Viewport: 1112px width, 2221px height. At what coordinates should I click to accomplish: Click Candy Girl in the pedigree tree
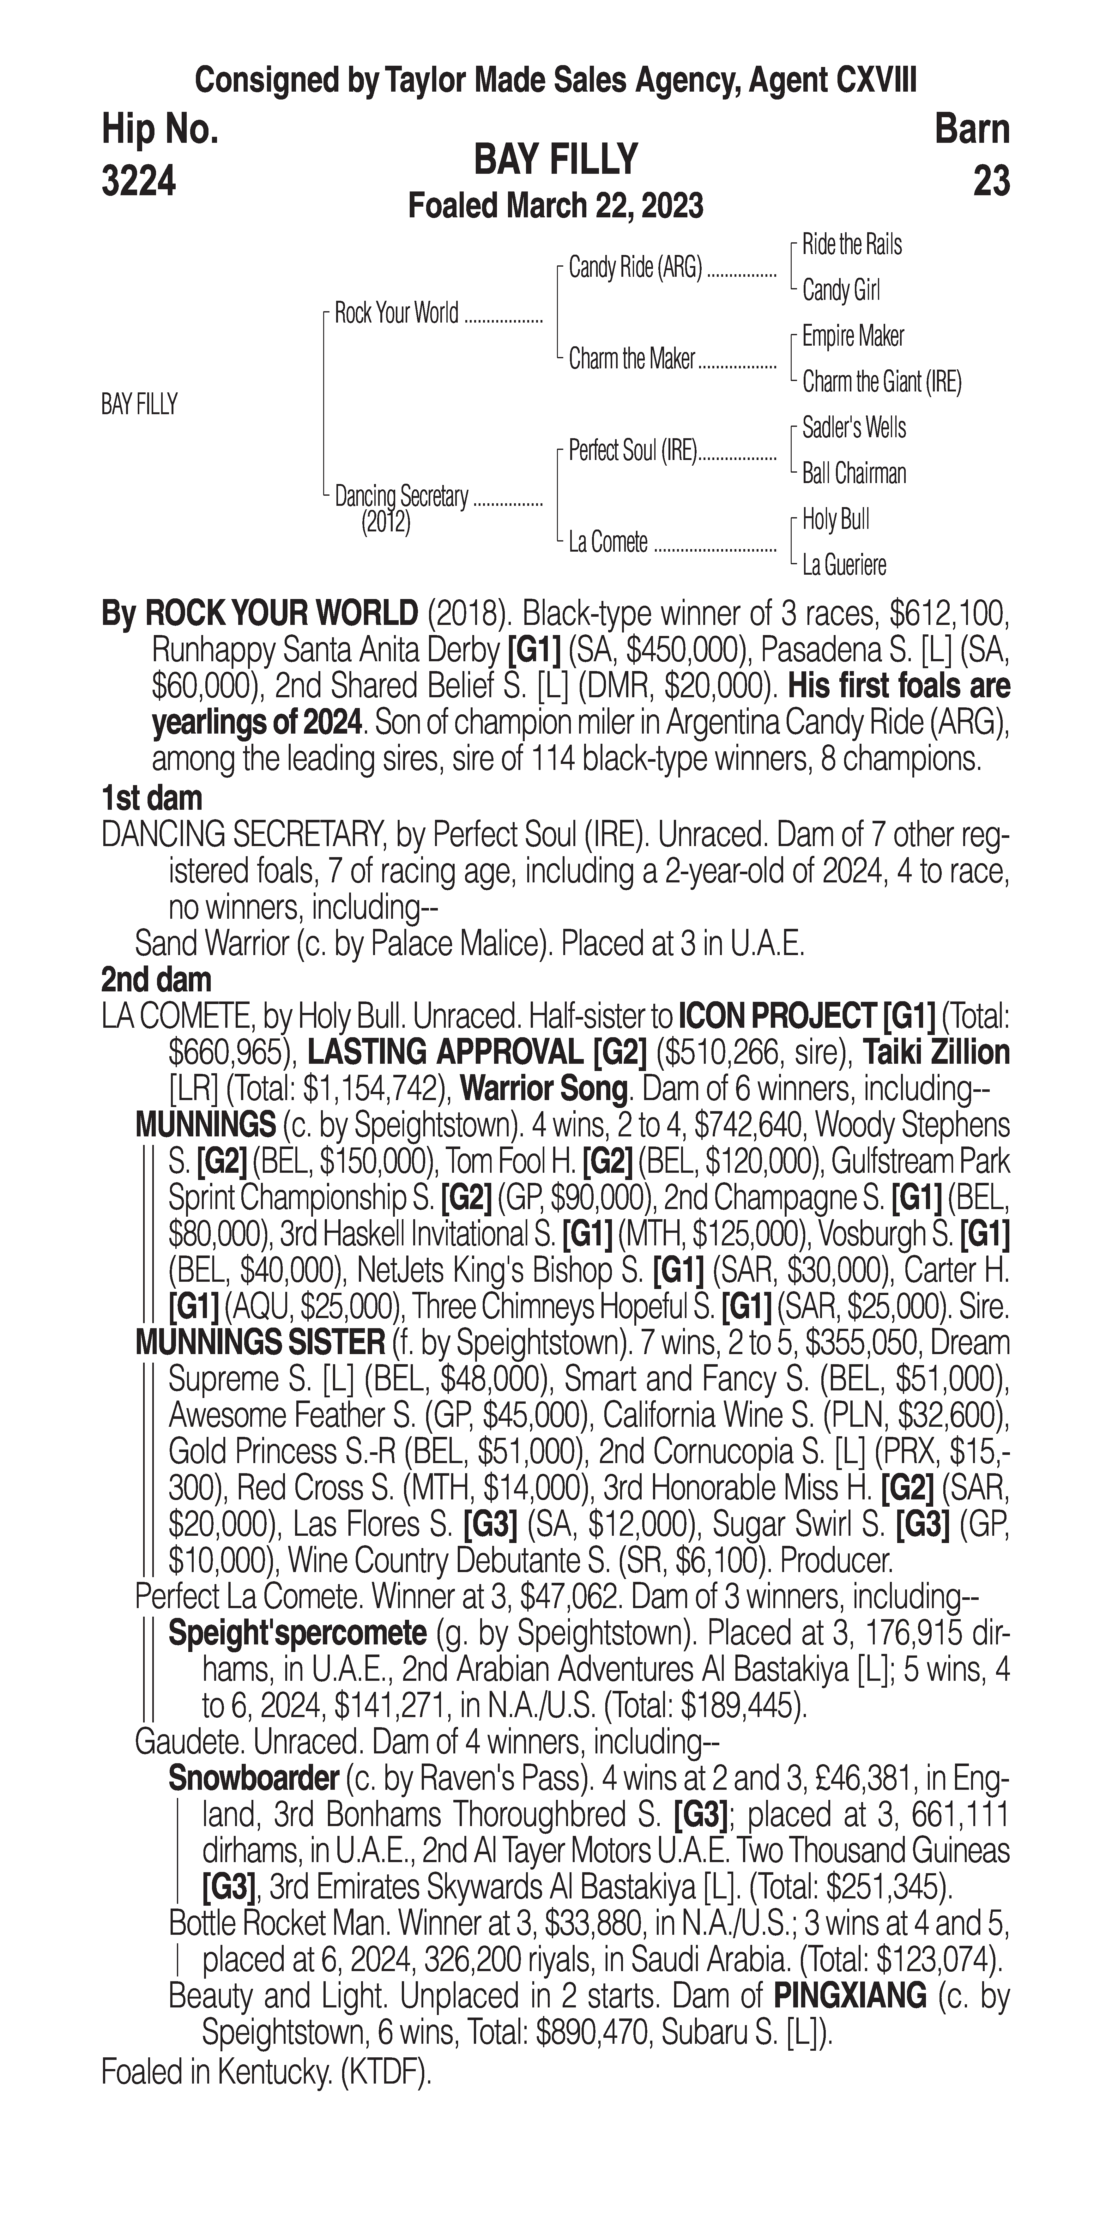(x=840, y=291)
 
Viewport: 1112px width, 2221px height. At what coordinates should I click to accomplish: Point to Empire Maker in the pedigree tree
(x=853, y=336)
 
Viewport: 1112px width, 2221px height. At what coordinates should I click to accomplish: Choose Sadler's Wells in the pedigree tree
(x=853, y=428)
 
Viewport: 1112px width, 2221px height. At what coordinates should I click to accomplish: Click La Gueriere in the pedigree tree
(x=844, y=566)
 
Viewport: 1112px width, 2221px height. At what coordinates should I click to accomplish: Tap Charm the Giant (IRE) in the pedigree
(x=881, y=382)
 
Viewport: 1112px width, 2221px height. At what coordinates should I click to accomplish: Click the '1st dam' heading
(x=152, y=798)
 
